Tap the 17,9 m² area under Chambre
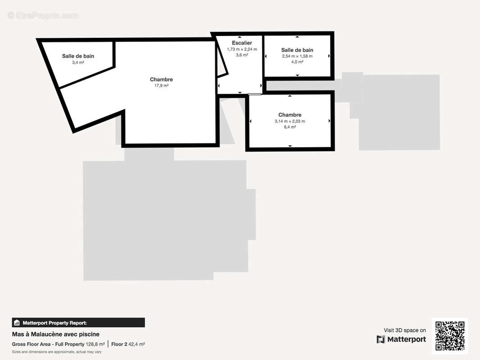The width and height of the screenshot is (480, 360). [161, 85]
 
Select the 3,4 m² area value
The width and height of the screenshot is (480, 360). [78, 63]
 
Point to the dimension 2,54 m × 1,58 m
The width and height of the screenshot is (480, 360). [297, 56]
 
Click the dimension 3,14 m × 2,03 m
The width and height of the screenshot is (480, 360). [290, 121]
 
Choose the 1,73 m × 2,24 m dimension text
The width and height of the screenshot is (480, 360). [242, 49]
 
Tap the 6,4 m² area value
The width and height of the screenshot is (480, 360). [290, 127]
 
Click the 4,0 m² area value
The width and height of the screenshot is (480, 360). [297, 62]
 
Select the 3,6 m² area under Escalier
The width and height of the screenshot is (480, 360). [242, 55]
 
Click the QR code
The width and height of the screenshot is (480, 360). [450, 335]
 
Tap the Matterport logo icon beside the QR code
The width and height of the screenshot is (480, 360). [381, 339]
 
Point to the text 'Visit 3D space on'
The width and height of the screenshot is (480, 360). [405, 330]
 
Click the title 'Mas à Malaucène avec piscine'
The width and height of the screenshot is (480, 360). [56, 334]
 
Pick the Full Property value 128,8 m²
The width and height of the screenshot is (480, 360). [95, 344]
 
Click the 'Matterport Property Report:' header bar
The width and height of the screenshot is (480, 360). [78, 323]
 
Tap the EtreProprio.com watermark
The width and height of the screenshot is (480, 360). [43, 16]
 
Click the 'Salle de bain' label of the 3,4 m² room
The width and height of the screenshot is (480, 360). [78, 56]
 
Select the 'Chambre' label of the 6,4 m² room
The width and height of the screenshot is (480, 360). [290, 115]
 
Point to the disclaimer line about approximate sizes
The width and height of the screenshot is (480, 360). [57, 351]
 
